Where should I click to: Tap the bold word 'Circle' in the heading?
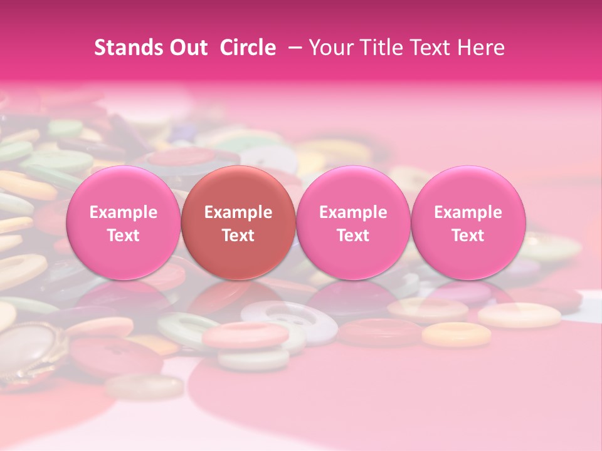click(x=248, y=48)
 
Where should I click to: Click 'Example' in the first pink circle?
click(x=123, y=212)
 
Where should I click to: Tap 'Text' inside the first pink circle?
click(x=123, y=236)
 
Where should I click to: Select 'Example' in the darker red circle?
click(x=238, y=212)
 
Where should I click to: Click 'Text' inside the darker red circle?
click(x=238, y=236)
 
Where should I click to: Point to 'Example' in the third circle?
click(x=353, y=212)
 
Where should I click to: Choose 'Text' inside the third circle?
click(x=353, y=236)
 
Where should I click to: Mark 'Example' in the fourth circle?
click(x=468, y=212)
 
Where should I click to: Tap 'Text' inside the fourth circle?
click(x=468, y=236)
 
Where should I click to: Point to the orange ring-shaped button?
click(x=456, y=334)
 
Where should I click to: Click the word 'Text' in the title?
click(x=435, y=48)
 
